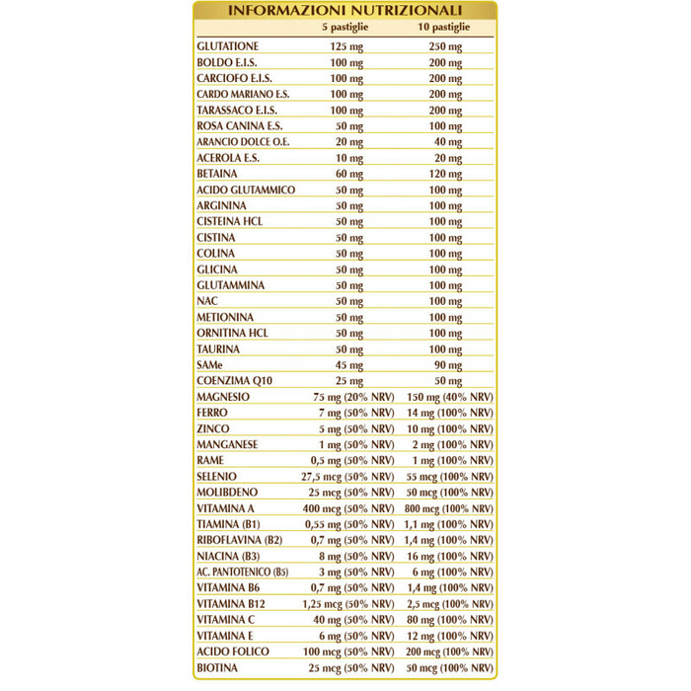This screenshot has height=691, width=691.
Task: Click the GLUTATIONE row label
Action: [x=228, y=46]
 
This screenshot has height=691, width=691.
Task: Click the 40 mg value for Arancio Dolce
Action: [x=447, y=141]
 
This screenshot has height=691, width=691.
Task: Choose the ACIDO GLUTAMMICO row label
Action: [x=246, y=190]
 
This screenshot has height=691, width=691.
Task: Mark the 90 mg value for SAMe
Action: [x=448, y=364]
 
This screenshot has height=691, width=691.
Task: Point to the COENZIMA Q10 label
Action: [x=235, y=380]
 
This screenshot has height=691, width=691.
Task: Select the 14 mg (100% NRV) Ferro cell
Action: [x=450, y=413]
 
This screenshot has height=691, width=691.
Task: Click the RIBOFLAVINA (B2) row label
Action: [x=240, y=540]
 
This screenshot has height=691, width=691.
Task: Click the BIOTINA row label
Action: [x=217, y=667]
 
